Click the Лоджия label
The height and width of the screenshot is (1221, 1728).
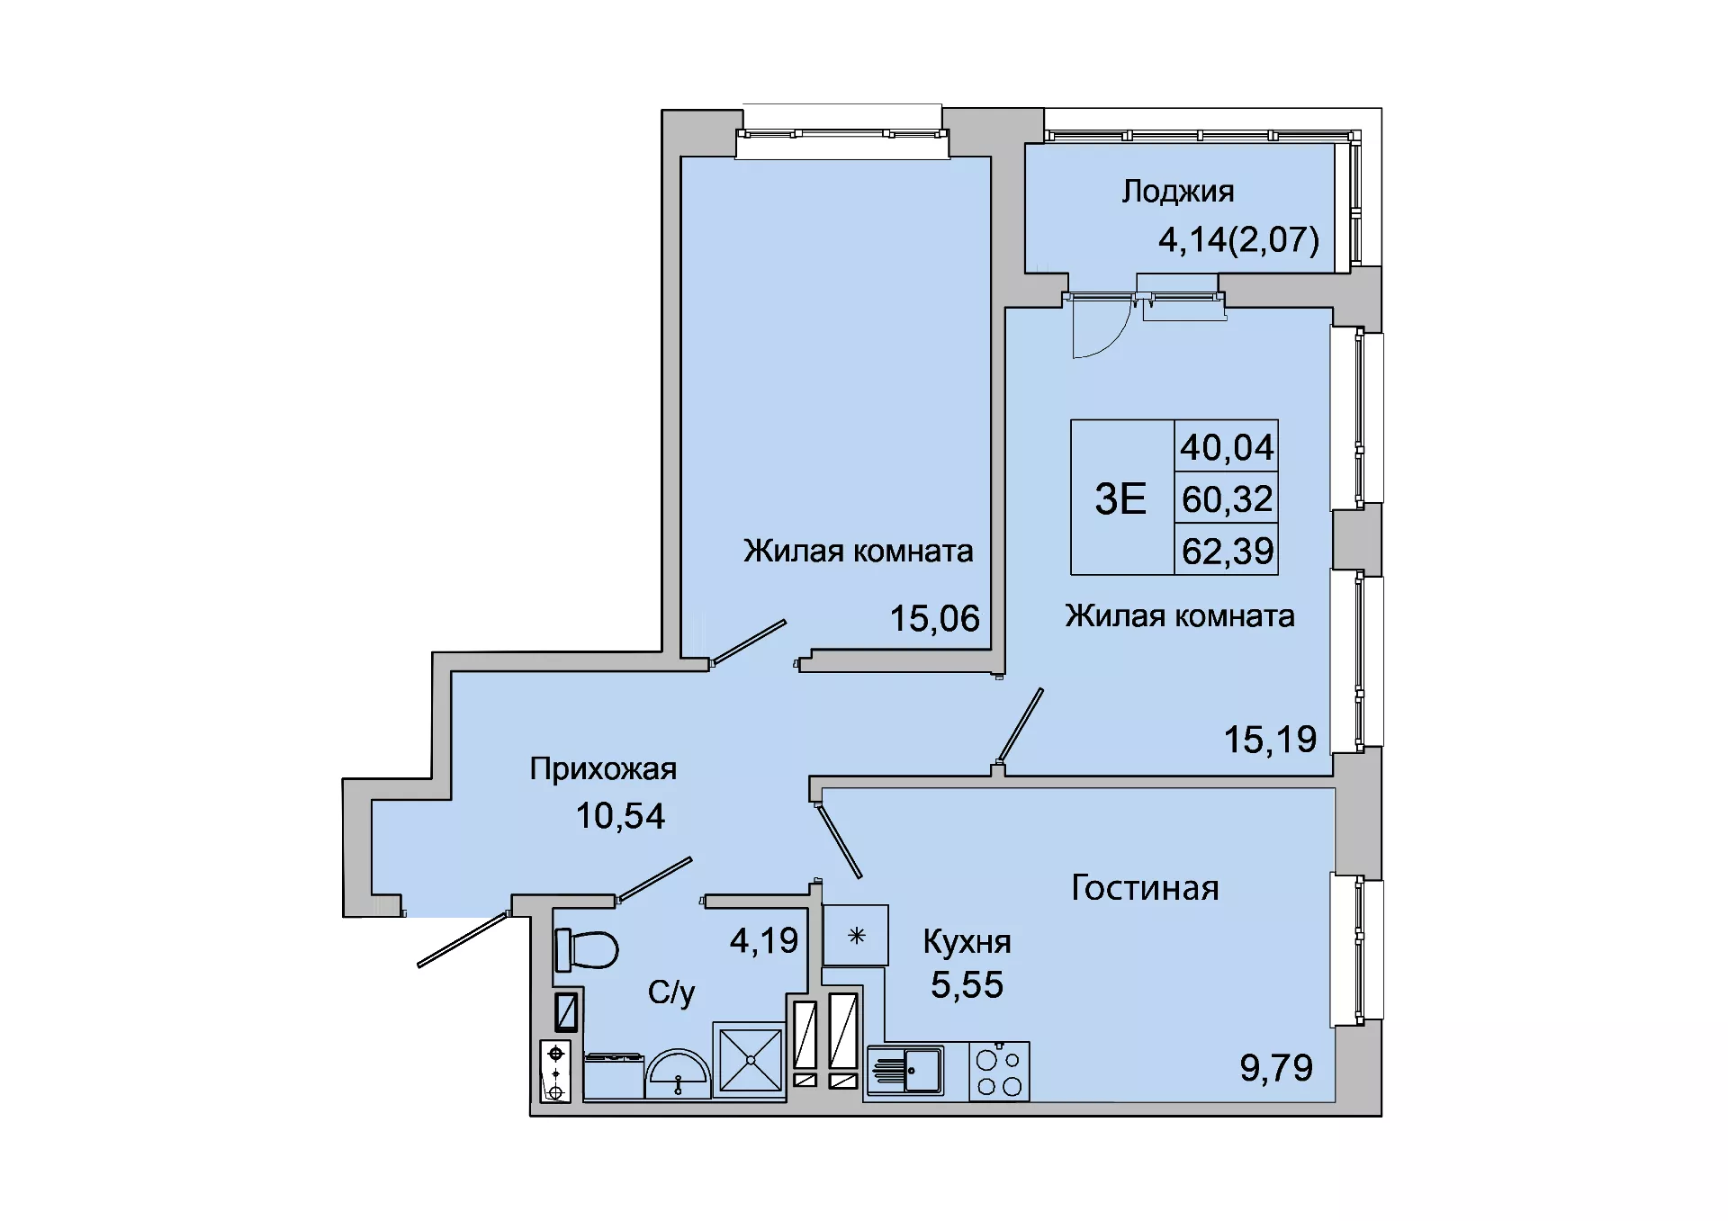(x=1177, y=192)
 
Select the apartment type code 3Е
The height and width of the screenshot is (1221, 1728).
(x=1120, y=498)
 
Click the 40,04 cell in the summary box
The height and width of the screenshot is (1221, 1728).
(x=1227, y=447)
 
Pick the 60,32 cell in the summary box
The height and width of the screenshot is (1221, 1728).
(x=1227, y=498)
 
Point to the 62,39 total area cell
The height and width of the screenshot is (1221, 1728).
(x=1228, y=551)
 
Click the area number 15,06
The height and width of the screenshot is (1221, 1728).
(x=934, y=619)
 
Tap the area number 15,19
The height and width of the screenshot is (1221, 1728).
(x=1270, y=740)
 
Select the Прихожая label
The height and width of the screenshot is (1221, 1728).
(x=603, y=769)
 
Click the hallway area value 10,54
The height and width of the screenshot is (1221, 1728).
(x=620, y=816)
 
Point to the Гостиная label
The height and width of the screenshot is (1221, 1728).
(x=1145, y=888)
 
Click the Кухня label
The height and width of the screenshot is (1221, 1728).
(x=967, y=942)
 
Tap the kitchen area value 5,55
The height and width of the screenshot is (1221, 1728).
(x=967, y=985)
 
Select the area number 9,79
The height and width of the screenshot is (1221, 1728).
(x=1276, y=1068)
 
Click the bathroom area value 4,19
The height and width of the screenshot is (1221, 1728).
(x=764, y=941)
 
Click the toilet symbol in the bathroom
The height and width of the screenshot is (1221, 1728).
(x=587, y=949)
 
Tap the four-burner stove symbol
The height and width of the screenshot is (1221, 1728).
(x=999, y=1071)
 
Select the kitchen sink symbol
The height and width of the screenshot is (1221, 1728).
(x=905, y=1071)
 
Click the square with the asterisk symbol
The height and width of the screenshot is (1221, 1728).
(x=856, y=936)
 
